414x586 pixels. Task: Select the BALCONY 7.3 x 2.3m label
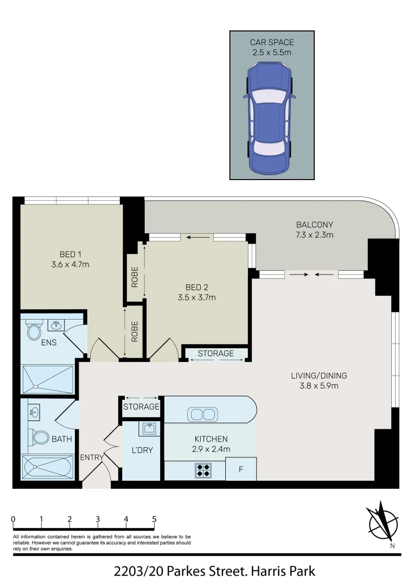coord(315,230)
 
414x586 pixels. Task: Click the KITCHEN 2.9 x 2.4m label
coord(211,444)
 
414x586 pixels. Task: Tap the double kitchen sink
coord(202,415)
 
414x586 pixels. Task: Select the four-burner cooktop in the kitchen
coord(203,469)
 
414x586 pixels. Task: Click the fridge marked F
coord(240,469)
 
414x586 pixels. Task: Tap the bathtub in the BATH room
coord(47,467)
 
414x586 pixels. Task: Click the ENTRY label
coord(92,457)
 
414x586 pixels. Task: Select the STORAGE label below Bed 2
coord(215,354)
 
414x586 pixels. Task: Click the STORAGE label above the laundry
coord(141,406)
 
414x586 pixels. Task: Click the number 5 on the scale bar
coord(154,519)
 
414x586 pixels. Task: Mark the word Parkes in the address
coord(188,571)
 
